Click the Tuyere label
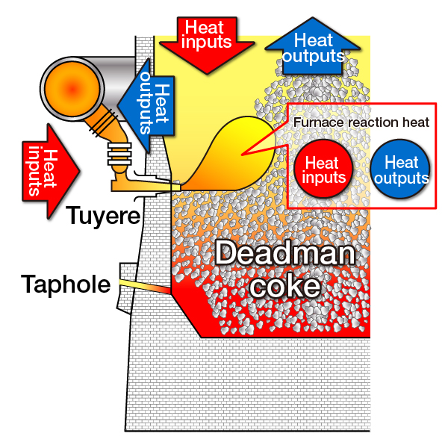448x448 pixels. click(104, 216)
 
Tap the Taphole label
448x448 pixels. click(66, 284)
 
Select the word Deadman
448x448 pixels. click(285, 253)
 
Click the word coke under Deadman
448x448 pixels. click(285, 286)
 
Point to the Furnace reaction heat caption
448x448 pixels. click(361, 122)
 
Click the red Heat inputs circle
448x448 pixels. click(323, 169)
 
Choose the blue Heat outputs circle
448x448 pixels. click(400, 169)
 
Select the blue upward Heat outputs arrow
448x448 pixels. click(313, 46)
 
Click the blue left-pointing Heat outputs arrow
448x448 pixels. click(146, 105)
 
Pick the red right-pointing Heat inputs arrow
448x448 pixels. click(51, 172)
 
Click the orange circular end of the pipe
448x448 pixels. click(72, 89)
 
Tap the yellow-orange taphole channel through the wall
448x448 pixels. click(145, 286)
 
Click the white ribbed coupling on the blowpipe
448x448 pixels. click(119, 155)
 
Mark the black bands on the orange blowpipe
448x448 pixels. click(103, 122)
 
